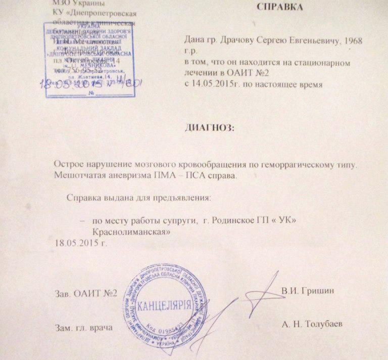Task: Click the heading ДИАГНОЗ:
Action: tap(211, 128)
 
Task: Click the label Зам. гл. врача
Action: tap(83, 328)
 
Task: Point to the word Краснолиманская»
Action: tap(130, 231)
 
